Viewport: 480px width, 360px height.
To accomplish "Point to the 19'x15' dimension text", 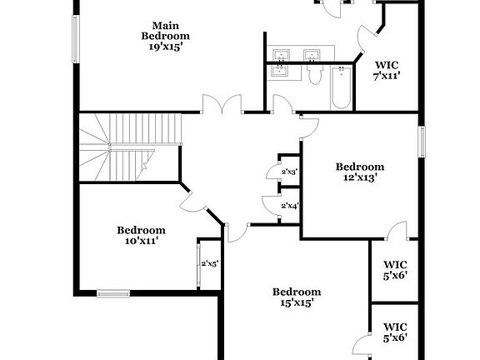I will [x=165, y=47].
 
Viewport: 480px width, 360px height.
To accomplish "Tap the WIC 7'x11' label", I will [x=387, y=69].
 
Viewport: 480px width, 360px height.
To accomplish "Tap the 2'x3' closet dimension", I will [x=290, y=172].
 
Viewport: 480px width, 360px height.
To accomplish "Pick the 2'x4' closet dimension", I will [x=290, y=206].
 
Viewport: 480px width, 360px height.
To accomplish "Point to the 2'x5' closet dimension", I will [x=209, y=264].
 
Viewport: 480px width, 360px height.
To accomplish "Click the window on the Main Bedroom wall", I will [x=77, y=37].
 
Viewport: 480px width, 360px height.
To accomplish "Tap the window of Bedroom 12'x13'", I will [x=422, y=140].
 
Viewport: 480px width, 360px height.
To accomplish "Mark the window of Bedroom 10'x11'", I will [x=113, y=292].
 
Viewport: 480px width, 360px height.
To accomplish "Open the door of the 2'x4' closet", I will [x=269, y=205].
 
